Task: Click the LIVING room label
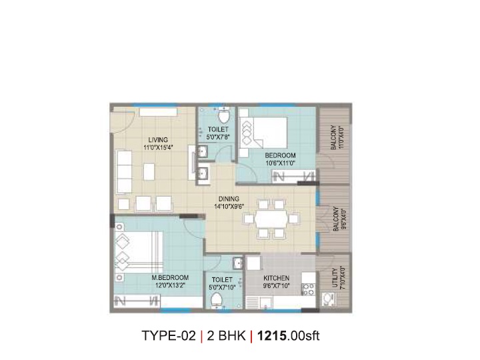pyautogui.click(x=158, y=140)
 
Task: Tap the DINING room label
pyautogui.click(x=229, y=199)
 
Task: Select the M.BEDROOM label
pyautogui.click(x=170, y=278)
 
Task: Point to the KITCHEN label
pyautogui.click(x=277, y=278)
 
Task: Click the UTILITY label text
pyautogui.click(x=335, y=278)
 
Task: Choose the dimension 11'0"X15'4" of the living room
pyautogui.click(x=158, y=147)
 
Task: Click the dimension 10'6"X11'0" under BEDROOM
pyautogui.click(x=280, y=163)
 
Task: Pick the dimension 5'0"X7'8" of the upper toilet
pyautogui.click(x=218, y=137)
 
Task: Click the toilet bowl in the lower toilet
pyautogui.click(x=217, y=300)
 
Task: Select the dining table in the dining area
pyautogui.click(x=271, y=219)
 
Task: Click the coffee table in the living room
pyautogui.click(x=149, y=173)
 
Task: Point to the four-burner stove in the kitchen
pyautogui.click(x=308, y=289)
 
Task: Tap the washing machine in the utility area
pyautogui.click(x=329, y=300)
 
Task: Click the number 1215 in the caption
pyautogui.click(x=272, y=336)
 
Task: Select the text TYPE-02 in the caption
pyautogui.click(x=169, y=336)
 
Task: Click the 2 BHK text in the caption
pyautogui.click(x=226, y=336)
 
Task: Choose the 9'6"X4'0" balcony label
pyautogui.click(x=339, y=219)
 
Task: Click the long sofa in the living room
pyautogui.click(x=124, y=172)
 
